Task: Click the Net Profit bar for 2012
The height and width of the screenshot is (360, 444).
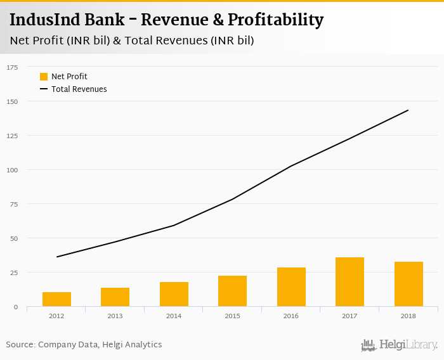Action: (x=56, y=299)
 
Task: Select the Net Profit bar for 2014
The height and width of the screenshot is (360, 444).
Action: (x=174, y=294)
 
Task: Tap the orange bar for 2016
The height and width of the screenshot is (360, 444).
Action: (x=291, y=287)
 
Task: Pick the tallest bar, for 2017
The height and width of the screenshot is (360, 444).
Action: (x=349, y=282)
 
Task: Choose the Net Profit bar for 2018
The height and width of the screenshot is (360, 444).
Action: (x=408, y=284)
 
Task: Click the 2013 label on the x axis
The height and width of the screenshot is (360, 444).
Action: (x=115, y=315)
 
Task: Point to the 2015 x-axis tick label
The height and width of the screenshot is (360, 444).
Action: (x=232, y=315)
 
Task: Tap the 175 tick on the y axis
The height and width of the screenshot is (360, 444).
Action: (x=13, y=67)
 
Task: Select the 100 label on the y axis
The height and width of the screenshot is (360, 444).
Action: (x=13, y=170)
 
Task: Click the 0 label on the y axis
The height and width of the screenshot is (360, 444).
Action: (x=16, y=307)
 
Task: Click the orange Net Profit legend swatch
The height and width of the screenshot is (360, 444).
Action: (x=44, y=77)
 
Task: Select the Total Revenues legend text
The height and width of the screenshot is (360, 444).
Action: (x=79, y=89)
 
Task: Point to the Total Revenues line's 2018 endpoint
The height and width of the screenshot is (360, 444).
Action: (x=408, y=110)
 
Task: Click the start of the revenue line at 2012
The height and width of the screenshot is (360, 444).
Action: (x=56, y=257)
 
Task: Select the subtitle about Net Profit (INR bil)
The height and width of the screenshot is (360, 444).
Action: (x=132, y=41)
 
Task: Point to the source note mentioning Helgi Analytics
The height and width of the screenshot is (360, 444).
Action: (x=84, y=345)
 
